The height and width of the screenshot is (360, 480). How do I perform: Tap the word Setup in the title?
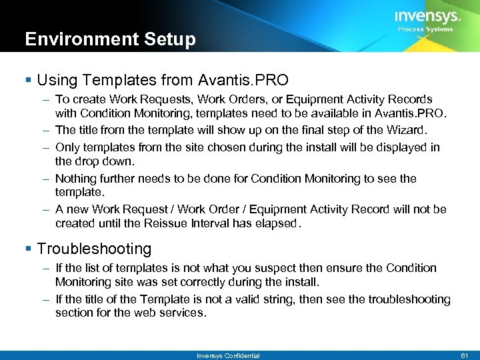tap(174, 40)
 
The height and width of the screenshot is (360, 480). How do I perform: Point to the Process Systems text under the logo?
tap(425, 29)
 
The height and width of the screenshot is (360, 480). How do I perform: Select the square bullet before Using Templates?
tap(29, 81)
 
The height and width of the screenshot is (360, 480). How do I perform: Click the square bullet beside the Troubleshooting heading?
tap(29, 249)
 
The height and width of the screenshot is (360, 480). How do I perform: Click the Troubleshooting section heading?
tap(94, 249)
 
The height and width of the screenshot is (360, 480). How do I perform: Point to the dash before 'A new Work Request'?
tap(43, 209)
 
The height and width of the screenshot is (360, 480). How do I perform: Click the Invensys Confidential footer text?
tap(228, 355)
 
